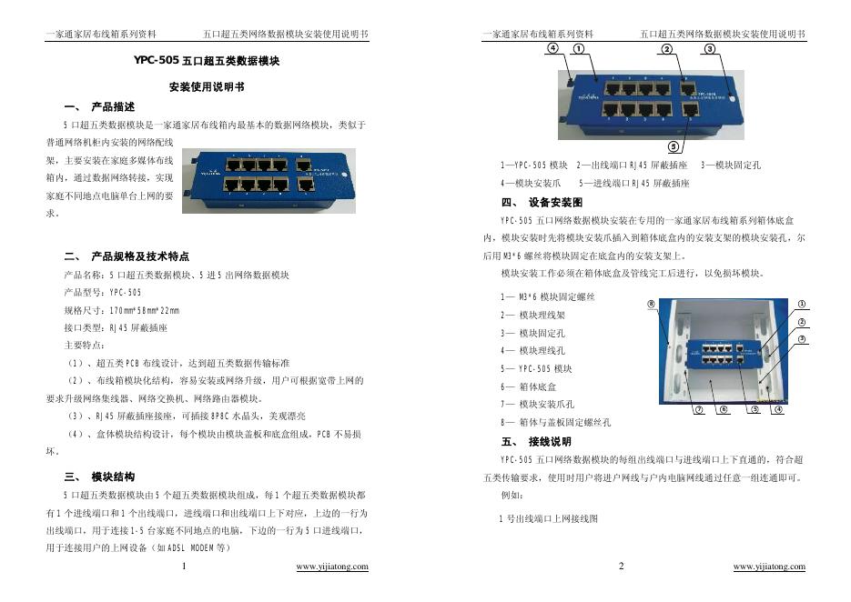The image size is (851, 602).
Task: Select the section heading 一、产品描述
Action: [100, 106]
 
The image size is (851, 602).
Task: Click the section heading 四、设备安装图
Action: [542, 202]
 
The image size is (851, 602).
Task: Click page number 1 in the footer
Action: [185, 567]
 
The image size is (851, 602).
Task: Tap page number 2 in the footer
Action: [622, 567]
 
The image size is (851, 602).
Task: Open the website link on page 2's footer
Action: [769, 567]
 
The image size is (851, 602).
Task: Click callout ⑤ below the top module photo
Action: [673, 146]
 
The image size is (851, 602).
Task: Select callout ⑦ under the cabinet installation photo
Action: [699, 409]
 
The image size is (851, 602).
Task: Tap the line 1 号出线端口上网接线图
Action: [549, 518]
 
